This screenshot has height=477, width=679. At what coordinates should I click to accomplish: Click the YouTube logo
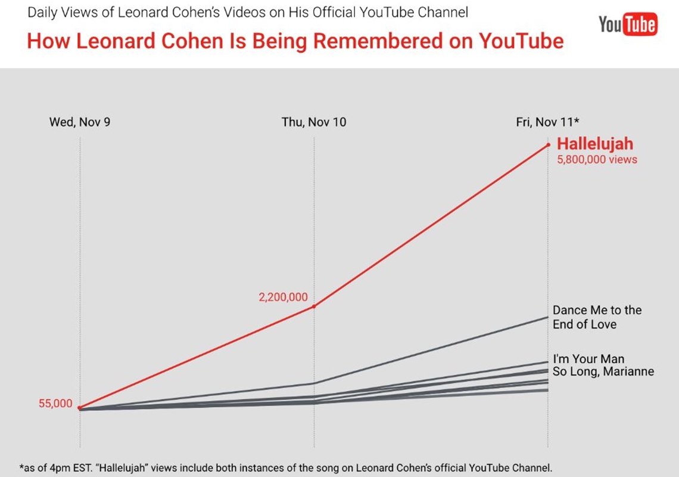coord(628,24)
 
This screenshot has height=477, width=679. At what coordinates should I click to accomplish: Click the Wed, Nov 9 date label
coord(80,122)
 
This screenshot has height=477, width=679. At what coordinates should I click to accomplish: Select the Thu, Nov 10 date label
coord(314,122)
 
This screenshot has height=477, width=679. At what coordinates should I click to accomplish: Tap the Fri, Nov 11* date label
coord(548,122)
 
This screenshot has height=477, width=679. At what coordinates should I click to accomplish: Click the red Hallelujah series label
coord(594,144)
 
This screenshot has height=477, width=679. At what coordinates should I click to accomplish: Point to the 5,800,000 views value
coord(597,159)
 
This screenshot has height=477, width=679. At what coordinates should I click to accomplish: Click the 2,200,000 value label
coord(283,297)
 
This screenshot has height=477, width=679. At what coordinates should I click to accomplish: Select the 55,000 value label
coord(55,404)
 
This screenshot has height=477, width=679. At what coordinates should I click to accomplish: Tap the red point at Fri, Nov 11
coord(548,144)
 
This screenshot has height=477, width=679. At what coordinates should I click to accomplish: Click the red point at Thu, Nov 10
coord(314,306)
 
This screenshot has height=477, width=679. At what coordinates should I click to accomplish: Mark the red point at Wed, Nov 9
coord(80,408)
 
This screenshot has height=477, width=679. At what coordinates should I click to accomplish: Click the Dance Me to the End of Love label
coord(597,317)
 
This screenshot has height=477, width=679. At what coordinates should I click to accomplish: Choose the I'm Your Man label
coord(588,359)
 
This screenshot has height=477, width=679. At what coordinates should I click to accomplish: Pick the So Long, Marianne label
coord(603,371)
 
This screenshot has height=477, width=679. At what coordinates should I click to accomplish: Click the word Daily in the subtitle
coord(42,11)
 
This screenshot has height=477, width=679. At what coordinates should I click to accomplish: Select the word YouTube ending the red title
coord(521,41)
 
